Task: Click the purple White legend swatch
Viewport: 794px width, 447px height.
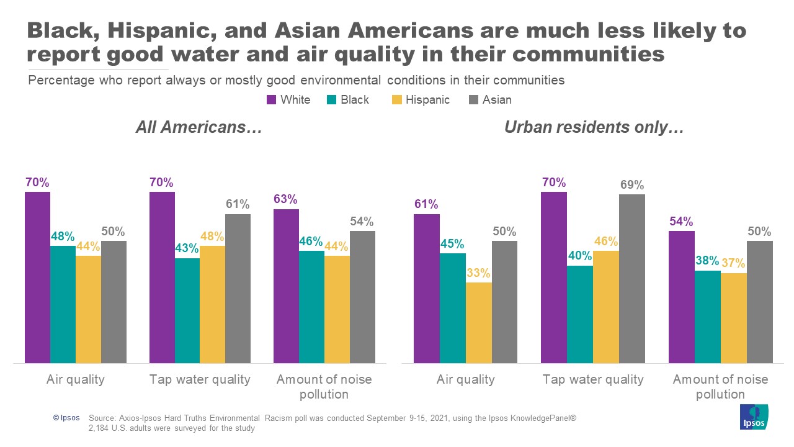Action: point(271,100)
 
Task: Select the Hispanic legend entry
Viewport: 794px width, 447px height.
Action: point(427,100)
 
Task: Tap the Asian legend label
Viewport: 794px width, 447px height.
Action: point(497,100)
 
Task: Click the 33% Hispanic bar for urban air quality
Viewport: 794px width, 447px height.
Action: point(479,323)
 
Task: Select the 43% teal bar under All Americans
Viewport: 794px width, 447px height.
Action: point(187,310)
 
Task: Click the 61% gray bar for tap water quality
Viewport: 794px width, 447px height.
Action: point(238,288)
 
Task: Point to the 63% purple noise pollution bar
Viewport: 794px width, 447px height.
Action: point(286,286)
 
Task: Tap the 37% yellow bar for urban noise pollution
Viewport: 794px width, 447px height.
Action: point(734,318)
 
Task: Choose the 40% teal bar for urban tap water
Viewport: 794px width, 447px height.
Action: point(580,314)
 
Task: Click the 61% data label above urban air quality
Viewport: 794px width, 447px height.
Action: point(426,204)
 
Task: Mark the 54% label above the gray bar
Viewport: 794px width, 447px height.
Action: point(362,222)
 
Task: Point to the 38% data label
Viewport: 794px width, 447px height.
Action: point(708,261)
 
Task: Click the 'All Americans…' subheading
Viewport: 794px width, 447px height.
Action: point(199,128)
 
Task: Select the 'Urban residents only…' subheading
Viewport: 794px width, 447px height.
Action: point(594,128)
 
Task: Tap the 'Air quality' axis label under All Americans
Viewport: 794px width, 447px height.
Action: point(76,379)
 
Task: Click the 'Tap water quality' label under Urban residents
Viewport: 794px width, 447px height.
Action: point(593,379)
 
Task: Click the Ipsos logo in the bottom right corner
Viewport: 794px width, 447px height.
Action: point(754,417)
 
